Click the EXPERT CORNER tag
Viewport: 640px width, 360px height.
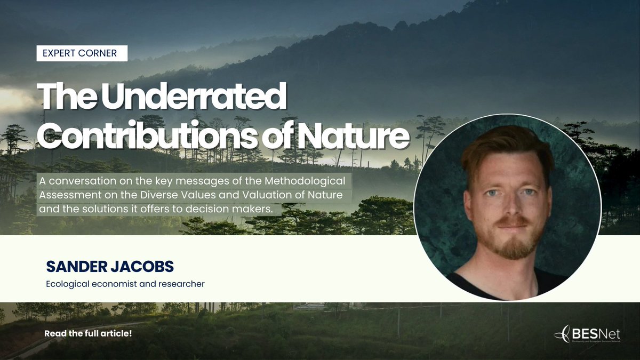click(82, 53)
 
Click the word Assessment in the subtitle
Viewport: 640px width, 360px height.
click(67, 195)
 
